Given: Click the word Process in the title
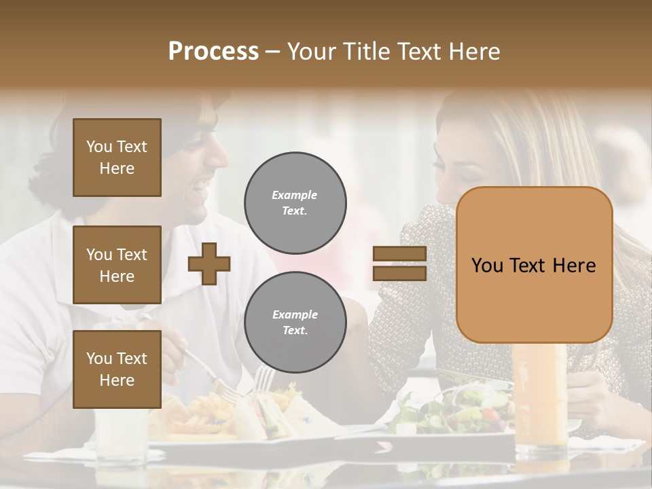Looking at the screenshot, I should point(213,52).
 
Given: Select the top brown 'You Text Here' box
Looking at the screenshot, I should point(117,158).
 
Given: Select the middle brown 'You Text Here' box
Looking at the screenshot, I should point(117,265).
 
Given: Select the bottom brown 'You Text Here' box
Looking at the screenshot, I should point(117,369).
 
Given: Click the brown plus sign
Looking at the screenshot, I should point(209,264).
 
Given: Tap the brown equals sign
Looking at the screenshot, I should point(399,264).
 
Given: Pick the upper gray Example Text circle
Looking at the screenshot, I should point(295,203).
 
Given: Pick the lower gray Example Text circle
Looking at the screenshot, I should point(295,323).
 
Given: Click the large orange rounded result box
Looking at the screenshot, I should point(534,265).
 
